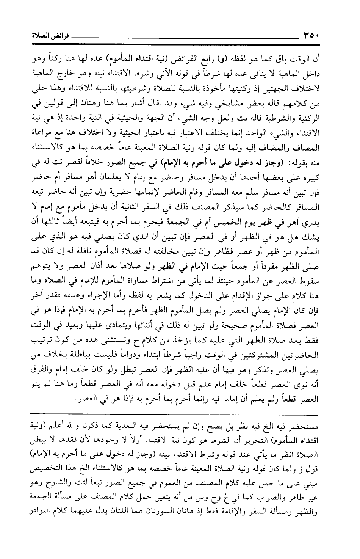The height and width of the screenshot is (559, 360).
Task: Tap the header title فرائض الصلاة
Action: point(42,36)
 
